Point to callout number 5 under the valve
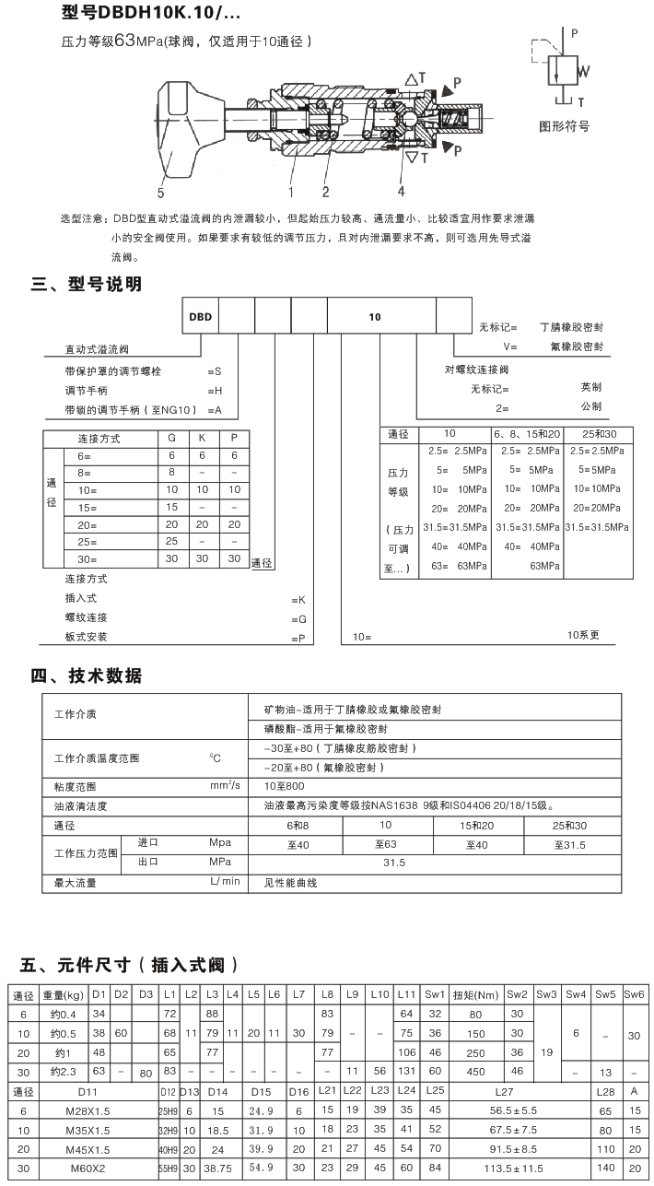tap(160, 194)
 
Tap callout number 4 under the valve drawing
tap(401, 191)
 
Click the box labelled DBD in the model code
tap(201, 316)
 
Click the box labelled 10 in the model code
tap(375, 316)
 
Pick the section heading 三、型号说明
tap(87, 284)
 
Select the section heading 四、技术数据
tap(87, 675)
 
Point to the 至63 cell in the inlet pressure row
tap(386, 844)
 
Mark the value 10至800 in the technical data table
tap(284, 786)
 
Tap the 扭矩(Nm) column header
tap(476, 994)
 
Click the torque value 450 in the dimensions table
tap(476, 1072)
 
